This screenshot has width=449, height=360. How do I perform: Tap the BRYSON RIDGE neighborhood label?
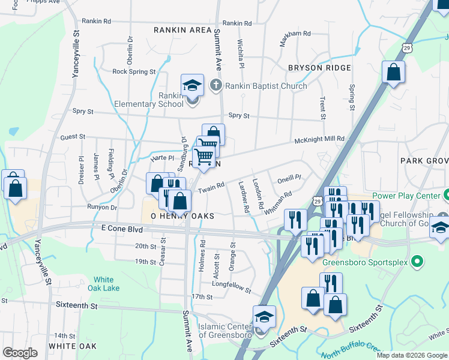319,68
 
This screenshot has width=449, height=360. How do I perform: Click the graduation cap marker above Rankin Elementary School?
193,85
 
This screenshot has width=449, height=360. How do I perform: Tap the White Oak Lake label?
103,284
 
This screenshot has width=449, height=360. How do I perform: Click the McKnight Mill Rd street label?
319,139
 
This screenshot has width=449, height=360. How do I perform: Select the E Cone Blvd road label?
119,229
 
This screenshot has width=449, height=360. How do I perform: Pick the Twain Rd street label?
211,187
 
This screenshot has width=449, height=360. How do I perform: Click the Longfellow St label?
231,287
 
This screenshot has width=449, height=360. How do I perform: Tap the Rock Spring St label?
134,71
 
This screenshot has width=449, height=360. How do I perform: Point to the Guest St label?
73,137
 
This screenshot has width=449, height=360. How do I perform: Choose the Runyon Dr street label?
101,207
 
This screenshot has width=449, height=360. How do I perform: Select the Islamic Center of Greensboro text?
225,331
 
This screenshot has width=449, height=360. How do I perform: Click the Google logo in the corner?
19,352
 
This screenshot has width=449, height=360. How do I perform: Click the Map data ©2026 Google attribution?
411,355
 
